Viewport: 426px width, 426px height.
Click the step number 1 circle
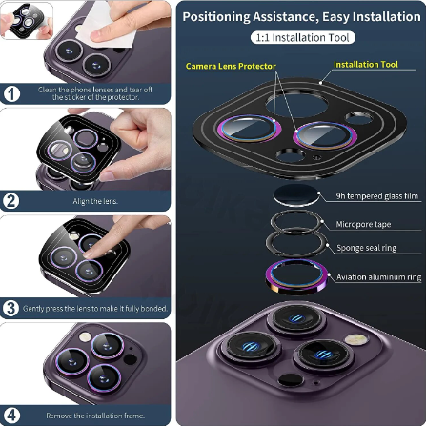coord(11,93)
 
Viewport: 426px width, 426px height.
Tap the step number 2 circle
coord(11,200)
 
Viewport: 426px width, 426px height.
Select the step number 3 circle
coord(11,308)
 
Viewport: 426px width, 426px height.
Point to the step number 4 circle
coord(11,415)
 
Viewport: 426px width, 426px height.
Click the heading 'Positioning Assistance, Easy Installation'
coord(301,16)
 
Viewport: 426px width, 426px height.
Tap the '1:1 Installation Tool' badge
coord(301,37)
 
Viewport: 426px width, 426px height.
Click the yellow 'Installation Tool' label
coord(366,65)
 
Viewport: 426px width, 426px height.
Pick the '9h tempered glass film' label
coord(377,196)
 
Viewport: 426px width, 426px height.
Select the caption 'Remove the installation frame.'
coord(93,416)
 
